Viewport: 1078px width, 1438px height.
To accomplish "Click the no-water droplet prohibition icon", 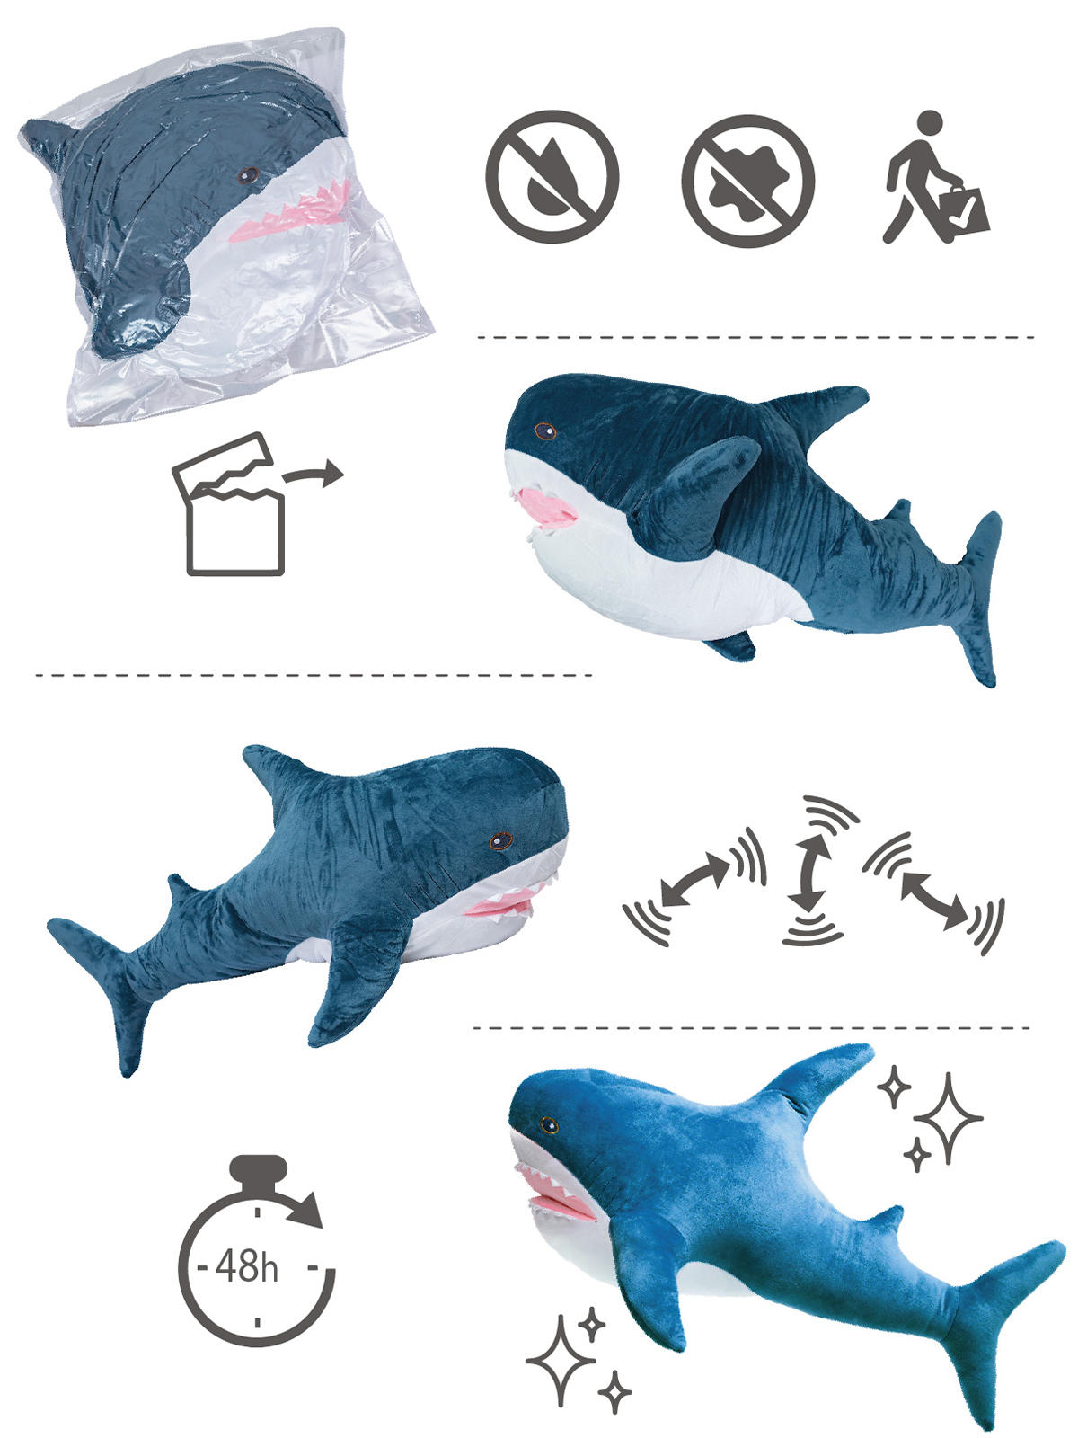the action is [552, 176].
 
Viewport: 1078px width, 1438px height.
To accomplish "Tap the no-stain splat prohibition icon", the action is [748, 180].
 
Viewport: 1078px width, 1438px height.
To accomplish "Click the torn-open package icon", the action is [228, 503].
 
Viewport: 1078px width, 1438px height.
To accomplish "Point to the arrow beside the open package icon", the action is [313, 473].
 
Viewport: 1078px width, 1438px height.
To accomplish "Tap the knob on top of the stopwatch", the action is [258, 1171].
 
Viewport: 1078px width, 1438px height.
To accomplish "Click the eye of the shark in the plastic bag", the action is [248, 175].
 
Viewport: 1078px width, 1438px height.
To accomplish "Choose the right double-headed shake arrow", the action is [934, 900].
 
